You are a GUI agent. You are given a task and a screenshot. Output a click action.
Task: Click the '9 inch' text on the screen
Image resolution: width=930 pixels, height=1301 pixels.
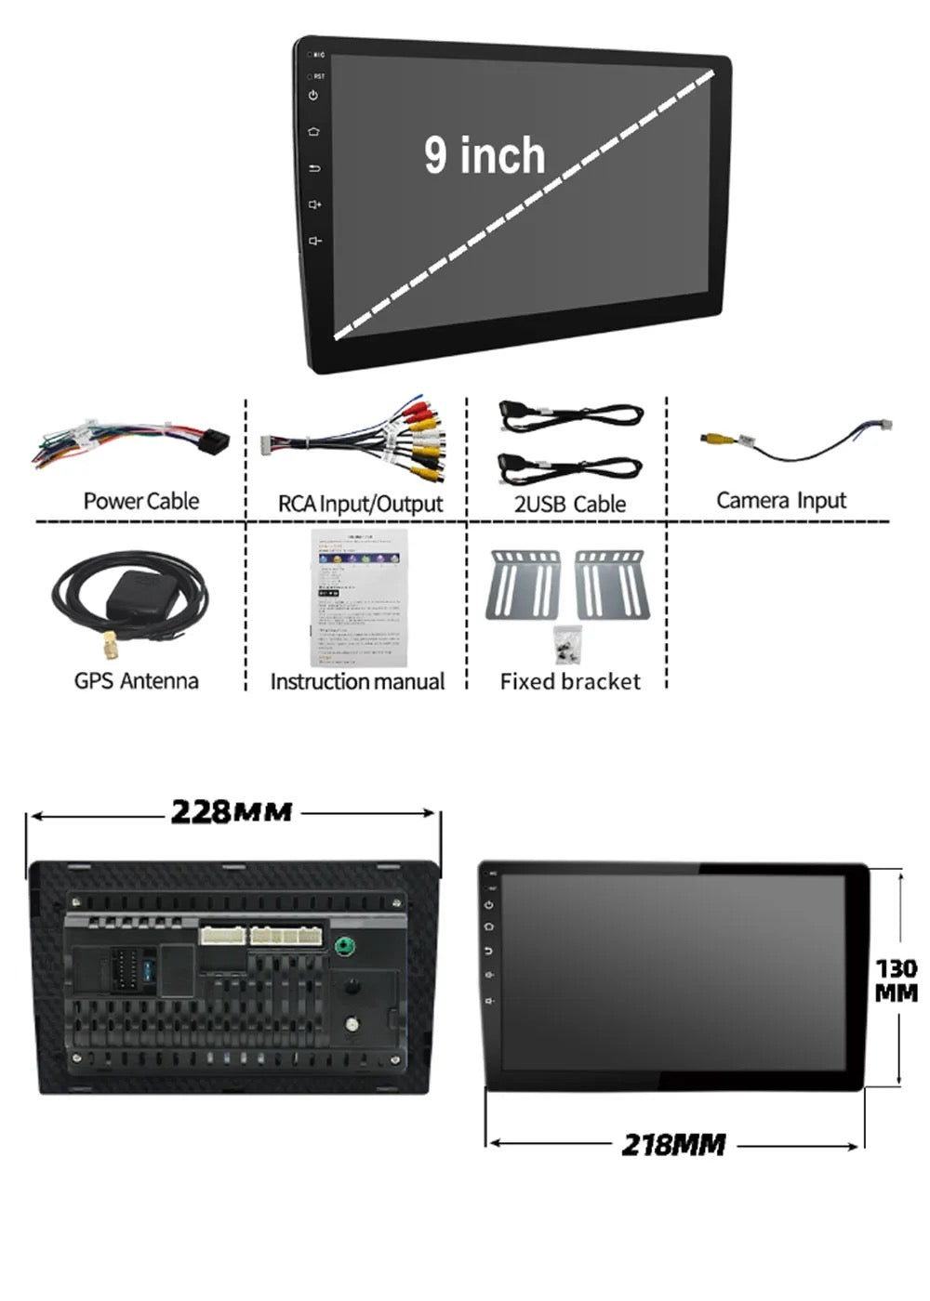pyautogui.click(x=485, y=155)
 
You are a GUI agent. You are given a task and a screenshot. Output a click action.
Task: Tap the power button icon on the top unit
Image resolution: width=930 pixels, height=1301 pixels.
pyautogui.click(x=313, y=95)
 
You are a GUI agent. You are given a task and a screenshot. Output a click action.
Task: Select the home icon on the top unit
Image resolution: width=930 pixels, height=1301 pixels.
pyautogui.click(x=313, y=131)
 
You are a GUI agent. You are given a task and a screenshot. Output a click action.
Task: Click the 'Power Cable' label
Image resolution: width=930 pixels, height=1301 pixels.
pyautogui.click(x=141, y=501)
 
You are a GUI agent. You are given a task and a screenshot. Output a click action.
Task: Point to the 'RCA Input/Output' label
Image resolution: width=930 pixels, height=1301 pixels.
pyautogui.click(x=360, y=504)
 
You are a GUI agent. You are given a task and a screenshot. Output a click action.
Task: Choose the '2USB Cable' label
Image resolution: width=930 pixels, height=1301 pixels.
pyautogui.click(x=570, y=504)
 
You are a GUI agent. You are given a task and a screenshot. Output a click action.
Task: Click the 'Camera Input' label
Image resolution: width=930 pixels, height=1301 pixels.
pyautogui.click(x=781, y=500)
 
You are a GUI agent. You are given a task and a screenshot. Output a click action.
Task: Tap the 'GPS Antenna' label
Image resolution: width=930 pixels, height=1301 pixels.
pyautogui.click(x=137, y=680)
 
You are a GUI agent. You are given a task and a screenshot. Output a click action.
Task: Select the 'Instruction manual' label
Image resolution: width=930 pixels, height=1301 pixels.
pyautogui.click(x=357, y=681)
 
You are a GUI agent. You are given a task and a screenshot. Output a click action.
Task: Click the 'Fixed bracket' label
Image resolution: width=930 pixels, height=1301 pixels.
pyautogui.click(x=570, y=681)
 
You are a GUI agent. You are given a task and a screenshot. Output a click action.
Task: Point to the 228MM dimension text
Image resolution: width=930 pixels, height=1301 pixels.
pyautogui.click(x=232, y=811)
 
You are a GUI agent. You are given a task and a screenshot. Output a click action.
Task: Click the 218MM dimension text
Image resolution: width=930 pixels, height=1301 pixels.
pyautogui.click(x=673, y=1144)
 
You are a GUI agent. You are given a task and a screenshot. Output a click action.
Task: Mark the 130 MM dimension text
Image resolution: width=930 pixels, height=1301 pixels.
pyautogui.click(x=896, y=980)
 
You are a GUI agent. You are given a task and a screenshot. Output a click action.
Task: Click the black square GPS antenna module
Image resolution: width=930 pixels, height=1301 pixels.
pyautogui.click(x=139, y=592)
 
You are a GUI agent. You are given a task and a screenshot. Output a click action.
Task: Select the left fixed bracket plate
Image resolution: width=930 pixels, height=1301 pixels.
pyautogui.click(x=524, y=584)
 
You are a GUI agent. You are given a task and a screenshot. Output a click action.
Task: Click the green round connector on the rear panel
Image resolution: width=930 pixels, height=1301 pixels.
pyautogui.click(x=345, y=946)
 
